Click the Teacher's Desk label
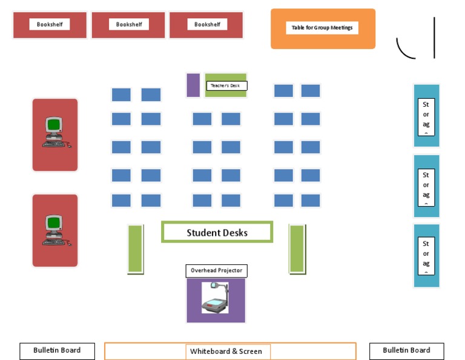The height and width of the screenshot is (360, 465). click(226, 86)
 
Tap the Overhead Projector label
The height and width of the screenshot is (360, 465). click(216, 270)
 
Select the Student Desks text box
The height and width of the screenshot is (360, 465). click(217, 232)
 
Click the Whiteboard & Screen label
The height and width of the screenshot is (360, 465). click(226, 352)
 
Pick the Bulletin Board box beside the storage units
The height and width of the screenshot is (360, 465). click(406, 350)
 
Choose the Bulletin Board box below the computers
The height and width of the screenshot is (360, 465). click(57, 350)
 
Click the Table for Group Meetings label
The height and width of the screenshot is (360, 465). click(322, 28)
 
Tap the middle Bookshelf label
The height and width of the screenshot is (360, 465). click(129, 24)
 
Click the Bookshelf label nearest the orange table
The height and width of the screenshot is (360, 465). click(207, 24)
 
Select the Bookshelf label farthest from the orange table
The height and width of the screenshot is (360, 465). click(50, 24)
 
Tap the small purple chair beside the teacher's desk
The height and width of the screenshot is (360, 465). click(193, 85)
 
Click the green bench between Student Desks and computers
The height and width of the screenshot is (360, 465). click(136, 248)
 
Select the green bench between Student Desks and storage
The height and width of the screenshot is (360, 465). click(297, 248)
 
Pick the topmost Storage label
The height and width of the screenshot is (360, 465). click(426, 117)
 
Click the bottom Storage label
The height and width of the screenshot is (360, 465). click(426, 256)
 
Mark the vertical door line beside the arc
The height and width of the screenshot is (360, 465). click(434, 38)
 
